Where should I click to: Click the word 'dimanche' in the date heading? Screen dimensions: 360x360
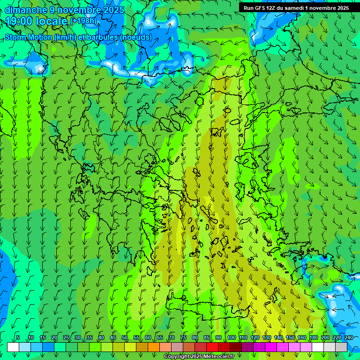[x=26, y=10]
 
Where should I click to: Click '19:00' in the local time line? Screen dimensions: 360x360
[x=21, y=22]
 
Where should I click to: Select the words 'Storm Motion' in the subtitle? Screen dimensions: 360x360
[x=29, y=37]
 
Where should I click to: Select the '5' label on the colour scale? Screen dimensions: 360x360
[x=18, y=337]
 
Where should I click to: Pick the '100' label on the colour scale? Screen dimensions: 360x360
[x=232, y=337]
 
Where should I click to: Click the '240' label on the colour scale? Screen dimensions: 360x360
[x=349, y=337]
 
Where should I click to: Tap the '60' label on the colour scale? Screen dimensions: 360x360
[x=148, y=337]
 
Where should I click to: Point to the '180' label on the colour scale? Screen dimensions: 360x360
[x=313, y=337]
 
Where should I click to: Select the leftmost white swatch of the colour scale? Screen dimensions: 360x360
[x=13, y=347]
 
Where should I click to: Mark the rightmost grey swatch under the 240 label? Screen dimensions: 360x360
[x=341, y=347]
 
